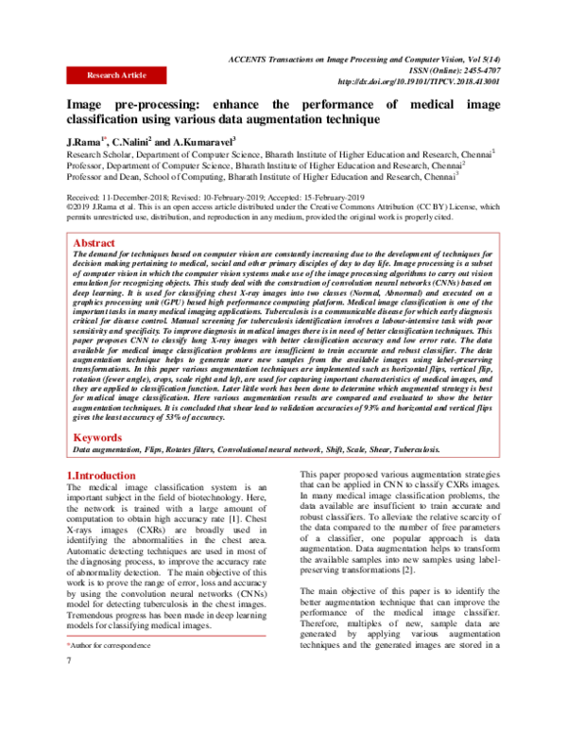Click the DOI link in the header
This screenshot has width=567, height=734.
pyautogui.click(x=417, y=82)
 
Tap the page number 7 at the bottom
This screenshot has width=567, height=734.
pyautogui.click(x=69, y=685)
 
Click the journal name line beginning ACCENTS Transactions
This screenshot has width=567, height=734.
pyautogui.click(x=378, y=58)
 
